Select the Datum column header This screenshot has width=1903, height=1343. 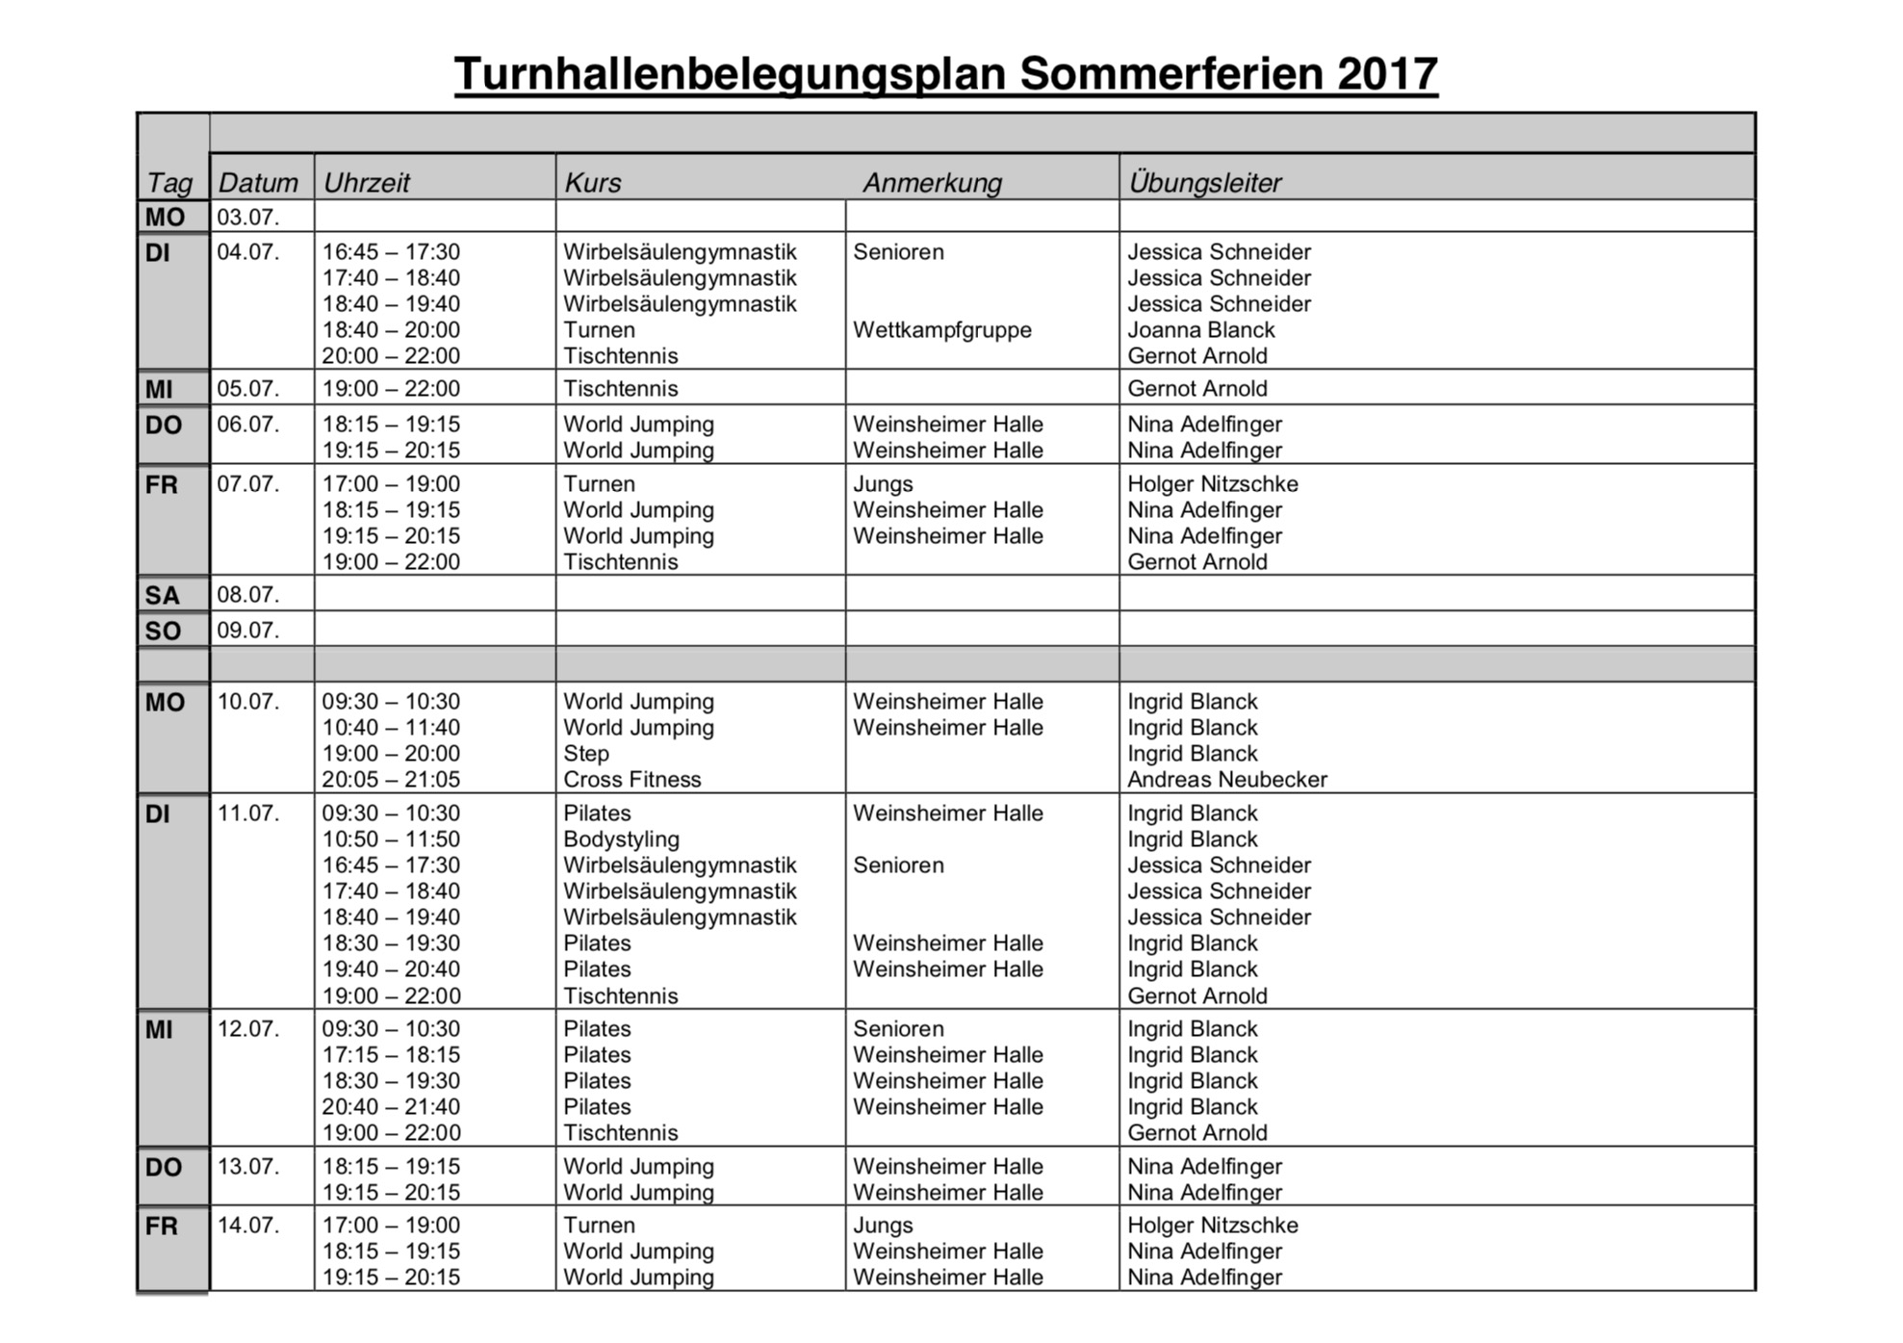tap(258, 182)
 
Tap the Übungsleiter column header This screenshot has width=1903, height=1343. tap(1204, 182)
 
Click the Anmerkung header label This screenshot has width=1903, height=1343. tap(932, 182)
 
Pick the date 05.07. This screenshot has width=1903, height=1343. tap(247, 389)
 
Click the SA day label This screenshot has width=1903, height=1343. tap(163, 596)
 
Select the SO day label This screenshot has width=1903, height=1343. tap(163, 632)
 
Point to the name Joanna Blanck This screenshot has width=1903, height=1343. tap(1200, 330)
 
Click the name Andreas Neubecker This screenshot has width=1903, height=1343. tap(1226, 780)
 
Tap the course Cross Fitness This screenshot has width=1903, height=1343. tap(631, 780)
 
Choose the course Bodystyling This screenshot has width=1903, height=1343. tap(621, 839)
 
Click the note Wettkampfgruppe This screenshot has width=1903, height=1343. tap(941, 330)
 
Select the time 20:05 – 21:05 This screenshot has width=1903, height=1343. tap(391, 780)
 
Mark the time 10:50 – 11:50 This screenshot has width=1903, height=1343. tap(391, 839)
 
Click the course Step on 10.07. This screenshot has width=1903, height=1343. tap(585, 754)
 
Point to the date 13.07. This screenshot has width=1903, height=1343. tap(247, 1167)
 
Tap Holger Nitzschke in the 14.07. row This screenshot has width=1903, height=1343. tap(1212, 1226)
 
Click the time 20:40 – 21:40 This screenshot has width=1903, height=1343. tap(391, 1107)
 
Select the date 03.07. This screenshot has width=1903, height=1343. tap(247, 217)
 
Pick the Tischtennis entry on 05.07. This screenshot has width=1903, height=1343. tap(620, 389)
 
